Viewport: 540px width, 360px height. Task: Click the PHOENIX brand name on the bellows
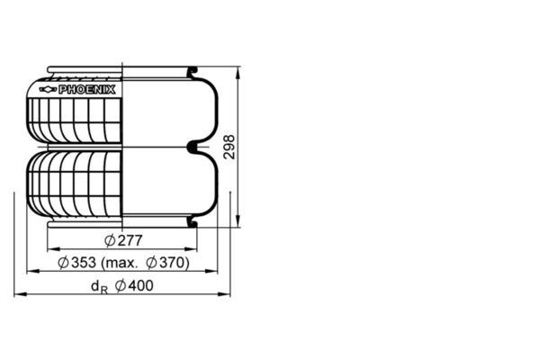[94, 90]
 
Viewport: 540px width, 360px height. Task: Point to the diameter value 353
[84, 263]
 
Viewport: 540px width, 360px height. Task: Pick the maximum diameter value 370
[174, 263]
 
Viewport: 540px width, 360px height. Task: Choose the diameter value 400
[139, 286]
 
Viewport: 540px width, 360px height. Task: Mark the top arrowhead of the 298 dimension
[238, 71]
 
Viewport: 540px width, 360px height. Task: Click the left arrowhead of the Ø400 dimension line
[18, 294]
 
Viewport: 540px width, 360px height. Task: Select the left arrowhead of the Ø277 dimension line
[50, 248]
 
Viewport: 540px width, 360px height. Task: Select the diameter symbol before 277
[110, 240]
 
